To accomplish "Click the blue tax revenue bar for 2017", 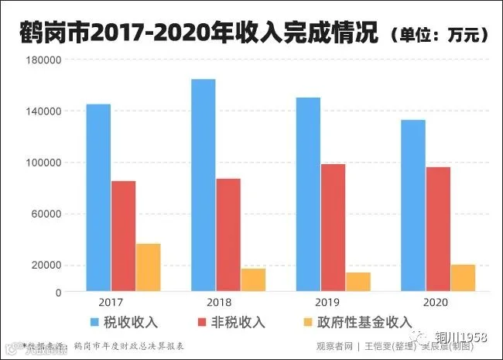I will (x=98, y=198).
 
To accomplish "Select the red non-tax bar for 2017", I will (x=123, y=236).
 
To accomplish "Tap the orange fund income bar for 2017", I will (x=148, y=268).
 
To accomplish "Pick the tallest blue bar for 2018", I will (x=203, y=186).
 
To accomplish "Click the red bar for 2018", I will (x=228, y=235).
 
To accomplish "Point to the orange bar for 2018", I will (x=252, y=280).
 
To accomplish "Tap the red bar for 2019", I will (x=333, y=228).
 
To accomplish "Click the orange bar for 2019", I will (x=358, y=282).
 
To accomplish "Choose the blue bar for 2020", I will (x=413, y=206).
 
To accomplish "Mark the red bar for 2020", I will (x=438, y=230).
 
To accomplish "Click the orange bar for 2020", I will (x=463, y=278).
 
